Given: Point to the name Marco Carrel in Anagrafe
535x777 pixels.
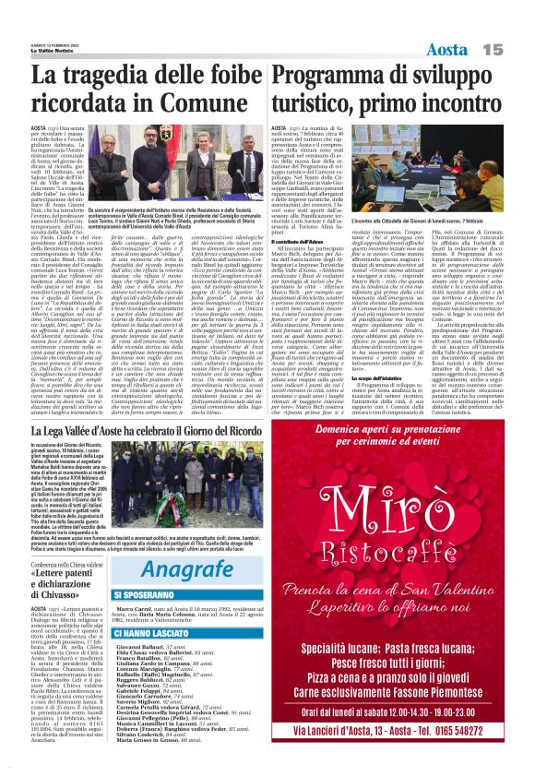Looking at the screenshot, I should point(134,584).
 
